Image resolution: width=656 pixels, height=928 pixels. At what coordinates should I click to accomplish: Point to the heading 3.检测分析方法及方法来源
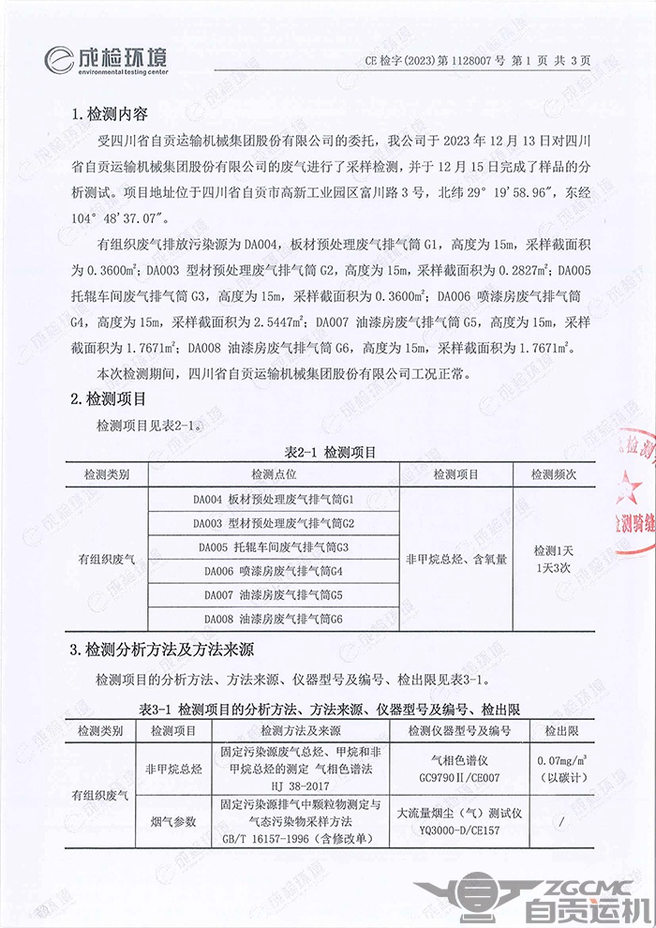tap(164, 649)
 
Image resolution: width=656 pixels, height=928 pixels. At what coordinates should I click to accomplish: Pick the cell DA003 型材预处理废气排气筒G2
tap(273, 522)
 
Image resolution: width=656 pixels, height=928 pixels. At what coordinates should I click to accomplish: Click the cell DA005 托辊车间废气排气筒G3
tap(273, 546)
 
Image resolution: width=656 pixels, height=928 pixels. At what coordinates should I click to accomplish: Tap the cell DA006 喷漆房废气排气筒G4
tap(273, 571)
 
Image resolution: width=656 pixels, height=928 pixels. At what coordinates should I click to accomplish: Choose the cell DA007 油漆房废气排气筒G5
tap(273, 595)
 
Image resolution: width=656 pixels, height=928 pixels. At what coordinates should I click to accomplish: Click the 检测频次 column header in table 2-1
tap(553, 474)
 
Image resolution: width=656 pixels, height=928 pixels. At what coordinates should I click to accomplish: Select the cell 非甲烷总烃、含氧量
tap(456, 559)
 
